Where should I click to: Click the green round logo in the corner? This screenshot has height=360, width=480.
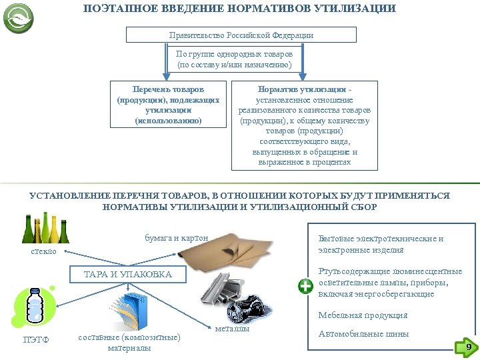pos(19,18)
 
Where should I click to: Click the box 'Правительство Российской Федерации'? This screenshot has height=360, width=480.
pos(241,35)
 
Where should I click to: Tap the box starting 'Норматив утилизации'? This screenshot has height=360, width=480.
pos(303,125)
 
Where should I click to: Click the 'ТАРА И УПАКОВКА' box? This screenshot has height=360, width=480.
pos(128,275)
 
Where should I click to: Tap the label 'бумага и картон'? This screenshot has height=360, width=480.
pos(177,237)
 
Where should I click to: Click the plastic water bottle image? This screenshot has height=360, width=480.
pos(35,309)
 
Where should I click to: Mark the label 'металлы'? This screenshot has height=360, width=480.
pos(233,329)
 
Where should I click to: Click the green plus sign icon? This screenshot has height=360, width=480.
pos(305,287)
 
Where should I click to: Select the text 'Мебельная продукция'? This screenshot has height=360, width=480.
pos(363,315)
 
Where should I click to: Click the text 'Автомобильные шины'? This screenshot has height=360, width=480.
pos(363,334)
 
